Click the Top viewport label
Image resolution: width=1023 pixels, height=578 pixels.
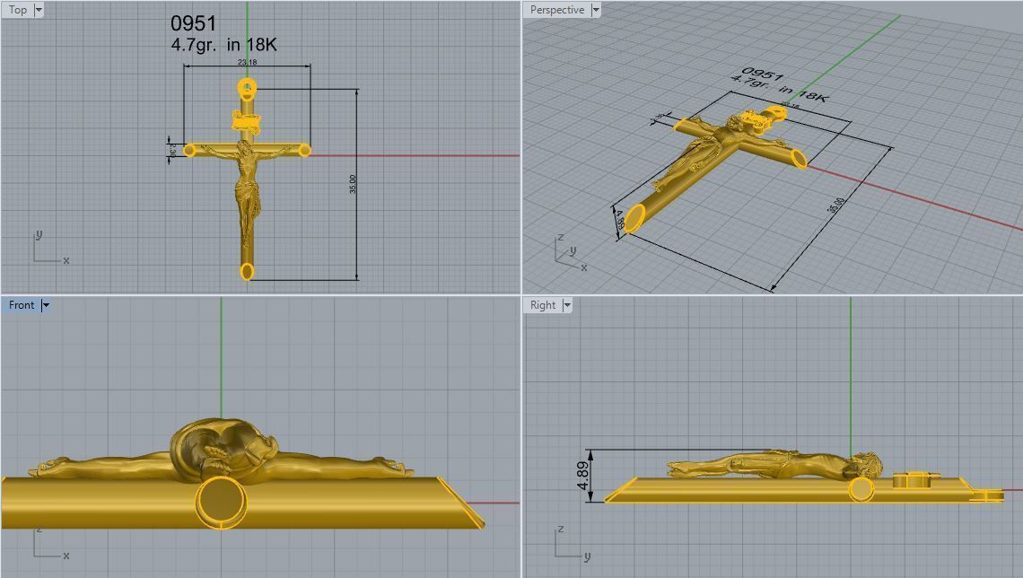click(18, 10)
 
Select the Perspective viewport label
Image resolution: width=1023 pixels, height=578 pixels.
click(556, 10)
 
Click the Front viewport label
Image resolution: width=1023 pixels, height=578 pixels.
click(22, 305)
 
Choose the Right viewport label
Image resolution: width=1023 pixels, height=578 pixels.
click(543, 305)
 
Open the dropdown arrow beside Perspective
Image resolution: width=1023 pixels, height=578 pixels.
click(596, 10)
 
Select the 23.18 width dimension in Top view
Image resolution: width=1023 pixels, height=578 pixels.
click(247, 62)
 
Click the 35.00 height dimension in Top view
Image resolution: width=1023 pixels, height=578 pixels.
click(354, 183)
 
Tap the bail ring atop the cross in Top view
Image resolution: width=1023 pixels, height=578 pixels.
click(247, 88)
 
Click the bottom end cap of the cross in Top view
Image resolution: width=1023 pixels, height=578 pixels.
click(247, 271)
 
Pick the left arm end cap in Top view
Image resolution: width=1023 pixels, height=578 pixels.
click(189, 150)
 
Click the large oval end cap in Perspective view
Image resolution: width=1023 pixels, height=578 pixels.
click(634, 218)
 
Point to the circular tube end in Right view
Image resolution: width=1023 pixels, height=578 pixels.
click(861, 489)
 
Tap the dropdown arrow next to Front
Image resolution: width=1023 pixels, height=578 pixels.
click(46, 305)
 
